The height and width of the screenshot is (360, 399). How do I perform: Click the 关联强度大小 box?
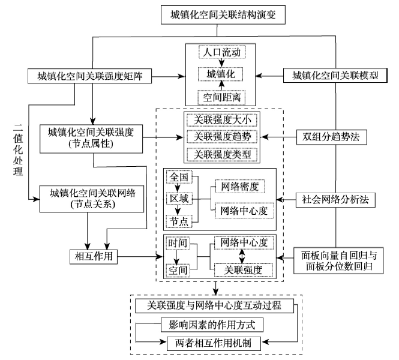tap(223, 119)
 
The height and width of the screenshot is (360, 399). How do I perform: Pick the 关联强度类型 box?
tap(223, 155)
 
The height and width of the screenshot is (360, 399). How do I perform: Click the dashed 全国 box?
tap(179, 178)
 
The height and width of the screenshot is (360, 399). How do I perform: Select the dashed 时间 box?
tap(178, 245)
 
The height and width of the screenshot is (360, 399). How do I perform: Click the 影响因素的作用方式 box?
tap(215, 325)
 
